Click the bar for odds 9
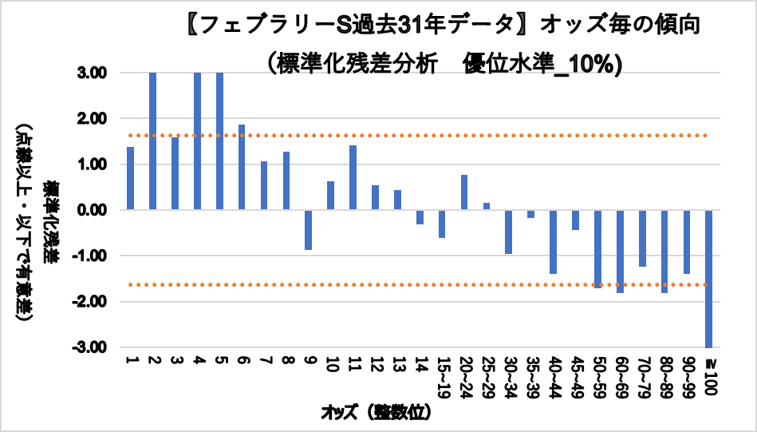click(x=308, y=230)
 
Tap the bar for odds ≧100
click(x=708, y=278)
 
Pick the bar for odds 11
click(x=353, y=178)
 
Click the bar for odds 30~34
click(x=508, y=232)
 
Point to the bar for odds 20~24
click(x=463, y=192)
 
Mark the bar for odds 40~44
click(x=553, y=241)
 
